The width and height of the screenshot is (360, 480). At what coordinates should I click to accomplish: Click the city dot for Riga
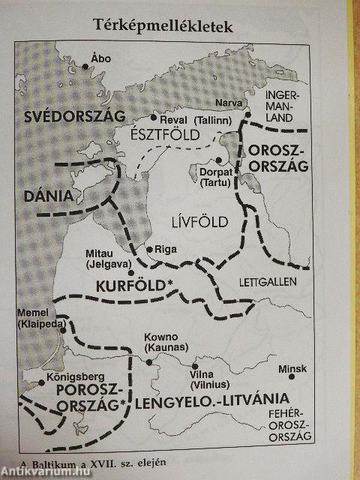point(148,249)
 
